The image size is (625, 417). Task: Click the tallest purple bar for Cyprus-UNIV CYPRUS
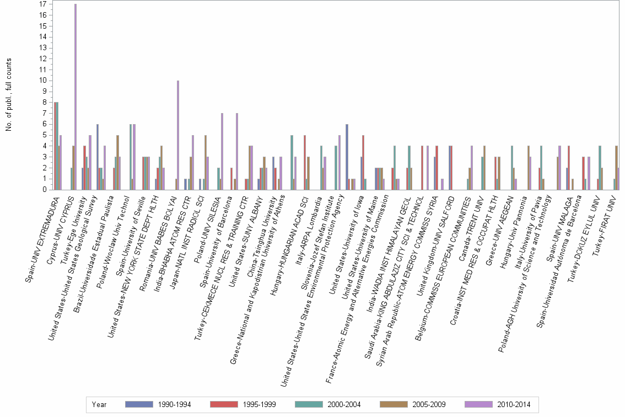tap(76, 97)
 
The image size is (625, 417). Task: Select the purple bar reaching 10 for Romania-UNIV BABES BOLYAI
tap(177, 135)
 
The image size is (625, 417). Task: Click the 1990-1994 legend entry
tap(159, 404)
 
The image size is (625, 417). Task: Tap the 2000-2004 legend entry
tap(329, 404)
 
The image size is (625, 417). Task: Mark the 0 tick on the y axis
tap(44, 190)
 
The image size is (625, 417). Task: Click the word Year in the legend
tap(99, 404)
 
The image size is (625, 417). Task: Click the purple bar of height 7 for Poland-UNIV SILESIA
tap(222, 152)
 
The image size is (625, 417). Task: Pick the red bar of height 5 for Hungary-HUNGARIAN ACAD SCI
tap(305, 163)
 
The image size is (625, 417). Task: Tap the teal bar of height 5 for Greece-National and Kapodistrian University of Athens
tap(291, 163)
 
